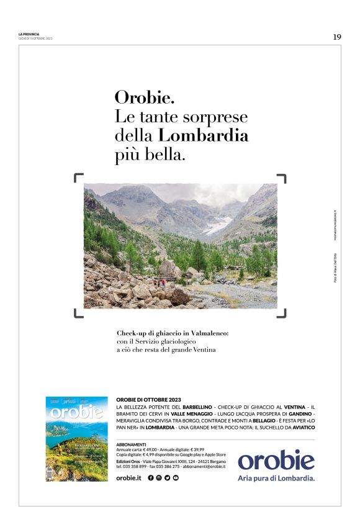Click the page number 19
coord(336,37)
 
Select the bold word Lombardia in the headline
coord(204,135)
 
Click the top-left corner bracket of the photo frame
coord(78,178)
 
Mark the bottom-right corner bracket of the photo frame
coord(282,313)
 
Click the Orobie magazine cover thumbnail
coord(75,439)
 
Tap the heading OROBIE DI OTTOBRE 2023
coord(148,399)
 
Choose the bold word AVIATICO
coord(299,427)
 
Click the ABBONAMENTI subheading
coord(131,444)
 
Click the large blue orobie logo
coord(276,460)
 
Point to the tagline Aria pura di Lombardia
coord(276,479)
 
